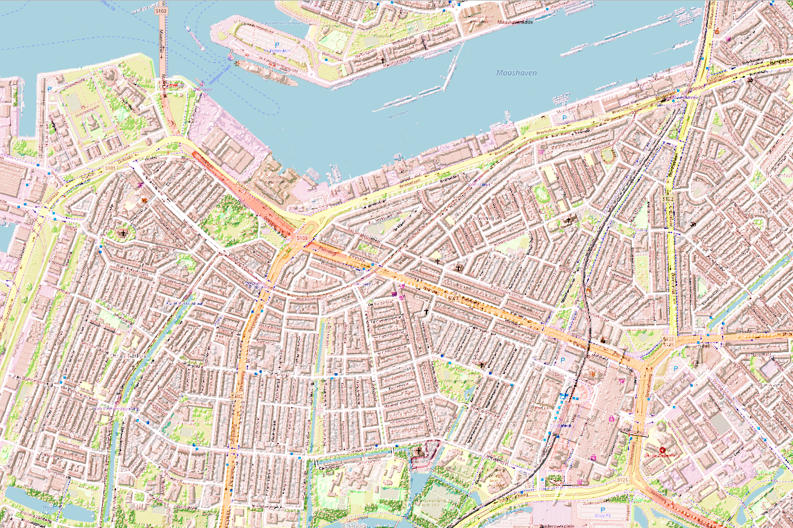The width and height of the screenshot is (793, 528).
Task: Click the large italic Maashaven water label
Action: click(x=516, y=72)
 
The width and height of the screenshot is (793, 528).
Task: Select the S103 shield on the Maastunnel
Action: click(x=161, y=10)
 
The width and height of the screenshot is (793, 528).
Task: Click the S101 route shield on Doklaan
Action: click(x=109, y=167)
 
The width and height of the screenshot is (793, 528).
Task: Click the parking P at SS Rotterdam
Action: click(x=277, y=45)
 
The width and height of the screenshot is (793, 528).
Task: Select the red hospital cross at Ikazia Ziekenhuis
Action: click(x=663, y=450)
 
